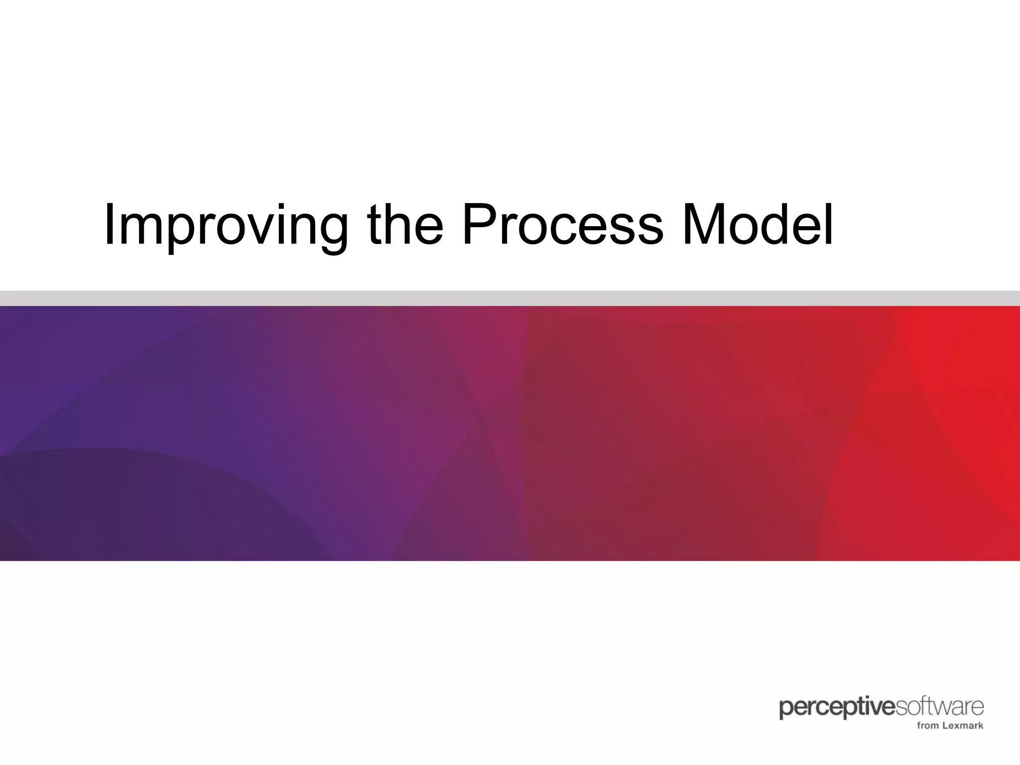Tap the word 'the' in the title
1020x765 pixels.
click(x=404, y=225)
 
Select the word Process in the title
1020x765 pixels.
click(x=563, y=225)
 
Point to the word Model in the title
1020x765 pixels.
click(x=758, y=225)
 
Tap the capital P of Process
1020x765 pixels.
click(x=480, y=225)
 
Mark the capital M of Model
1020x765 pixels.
click(x=703, y=225)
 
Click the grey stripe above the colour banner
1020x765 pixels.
click(x=510, y=298)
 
